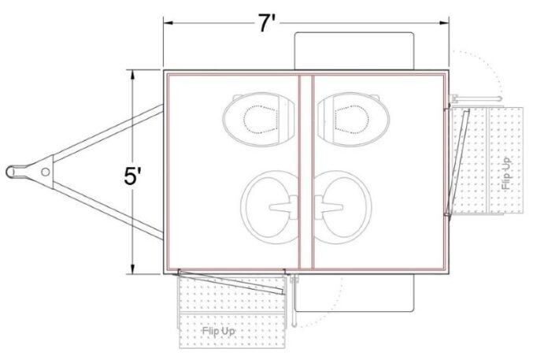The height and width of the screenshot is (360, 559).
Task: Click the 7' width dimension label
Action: [266, 24]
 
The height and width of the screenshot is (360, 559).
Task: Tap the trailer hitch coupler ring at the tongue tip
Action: [11, 172]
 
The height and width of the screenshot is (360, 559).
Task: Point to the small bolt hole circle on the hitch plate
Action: [46, 172]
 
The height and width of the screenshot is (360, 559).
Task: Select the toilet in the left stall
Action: [259, 119]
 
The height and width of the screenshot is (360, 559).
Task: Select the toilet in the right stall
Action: [354, 119]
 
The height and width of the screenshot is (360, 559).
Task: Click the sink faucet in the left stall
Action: [284, 207]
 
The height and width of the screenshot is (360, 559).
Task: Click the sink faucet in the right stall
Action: [328, 207]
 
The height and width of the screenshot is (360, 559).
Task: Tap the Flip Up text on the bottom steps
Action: [219, 331]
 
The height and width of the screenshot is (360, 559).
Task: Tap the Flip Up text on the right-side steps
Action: [506, 173]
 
